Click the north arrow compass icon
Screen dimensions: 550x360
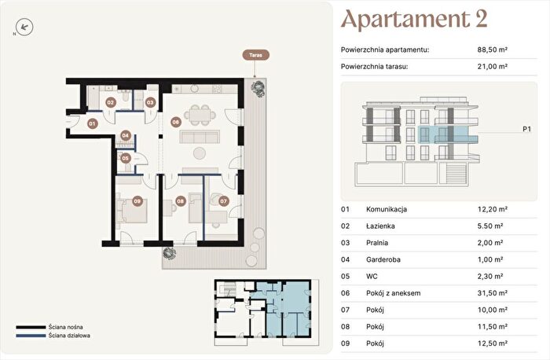click(x=24, y=27)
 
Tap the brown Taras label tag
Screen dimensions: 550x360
click(x=255, y=55)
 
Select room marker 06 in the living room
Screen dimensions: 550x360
click(x=176, y=122)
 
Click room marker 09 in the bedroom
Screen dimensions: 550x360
click(x=137, y=201)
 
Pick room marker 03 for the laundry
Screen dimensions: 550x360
click(x=150, y=102)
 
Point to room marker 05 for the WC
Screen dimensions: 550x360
click(x=126, y=158)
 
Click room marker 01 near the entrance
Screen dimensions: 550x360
click(x=92, y=123)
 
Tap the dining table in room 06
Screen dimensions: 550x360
click(x=200, y=115)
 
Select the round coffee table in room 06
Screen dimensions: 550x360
click(x=200, y=153)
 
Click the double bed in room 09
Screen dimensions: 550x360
click(x=132, y=211)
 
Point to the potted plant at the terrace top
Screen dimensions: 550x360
click(x=258, y=88)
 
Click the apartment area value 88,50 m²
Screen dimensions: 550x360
click(x=493, y=50)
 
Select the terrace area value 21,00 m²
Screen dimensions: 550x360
click(x=493, y=66)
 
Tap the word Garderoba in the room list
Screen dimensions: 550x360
click(x=383, y=259)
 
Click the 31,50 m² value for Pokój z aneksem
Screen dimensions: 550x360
click(x=493, y=293)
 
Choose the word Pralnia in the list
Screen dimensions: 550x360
click(x=377, y=243)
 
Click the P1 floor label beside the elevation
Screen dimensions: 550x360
click(x=527, y=129)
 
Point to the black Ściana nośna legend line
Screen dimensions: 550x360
click(x=31, y=327)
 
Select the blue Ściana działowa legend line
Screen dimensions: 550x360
click(x=31, y=336)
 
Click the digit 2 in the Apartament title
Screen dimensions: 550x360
click(x=481, y=19)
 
